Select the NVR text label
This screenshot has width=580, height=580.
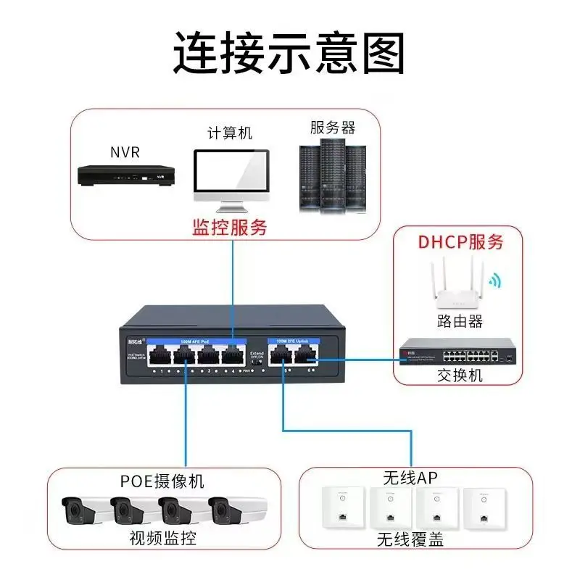(x=125, y=152)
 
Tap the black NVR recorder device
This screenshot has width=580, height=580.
(x=126, y=175)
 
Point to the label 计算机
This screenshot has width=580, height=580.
(x=230, y=133)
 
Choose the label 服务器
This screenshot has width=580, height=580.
(x=333, y=128)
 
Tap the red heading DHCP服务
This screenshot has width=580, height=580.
(x=460, y=242)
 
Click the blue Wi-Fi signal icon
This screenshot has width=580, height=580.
(x=494, y=281)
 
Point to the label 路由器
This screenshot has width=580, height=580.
(x=460, y=321)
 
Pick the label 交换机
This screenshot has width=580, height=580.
(x=460, y=376)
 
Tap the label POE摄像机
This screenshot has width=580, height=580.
(x=162, y=481)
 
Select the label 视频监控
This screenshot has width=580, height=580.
(x=162, y=538)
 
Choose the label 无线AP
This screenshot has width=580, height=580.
(x=410, y=477)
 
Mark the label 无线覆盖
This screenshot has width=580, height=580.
(x=410, y=539)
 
